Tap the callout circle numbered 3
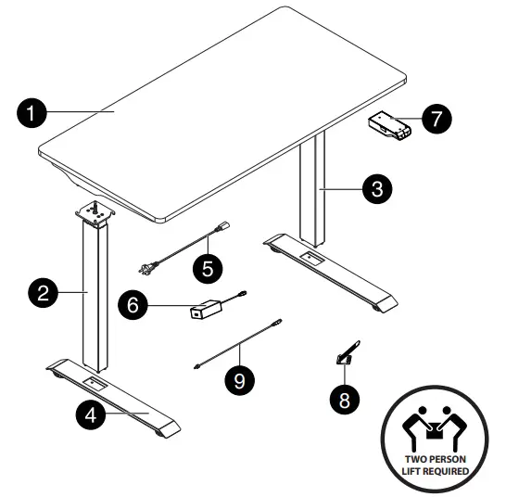[374, 190]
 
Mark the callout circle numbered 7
[436, 119]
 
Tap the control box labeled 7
[389, 126]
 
